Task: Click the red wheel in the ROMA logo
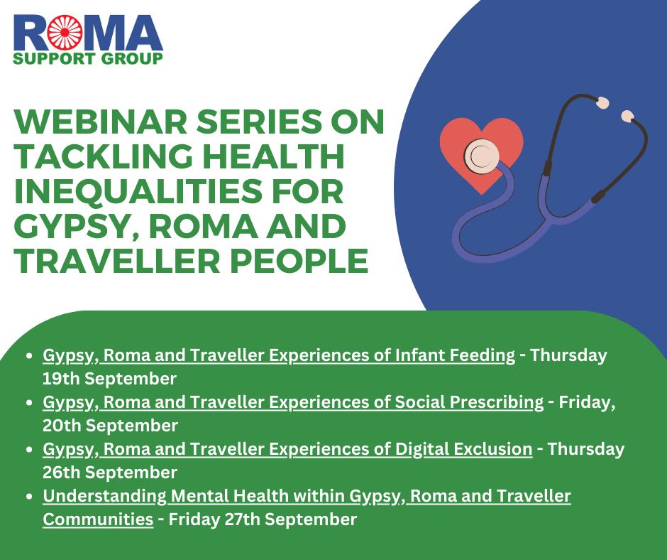[x=62, y=32]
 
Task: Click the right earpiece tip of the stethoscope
[x=627, y=115]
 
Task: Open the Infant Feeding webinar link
[x=279, y=355]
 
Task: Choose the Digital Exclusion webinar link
[x=287, y=449]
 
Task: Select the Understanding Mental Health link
[x=307, y=496]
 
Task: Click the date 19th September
[x=109, y=377]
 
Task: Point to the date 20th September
[x=110, y=425]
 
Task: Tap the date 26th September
[x=110, y=472]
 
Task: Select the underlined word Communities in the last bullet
[x=98, y=519]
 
